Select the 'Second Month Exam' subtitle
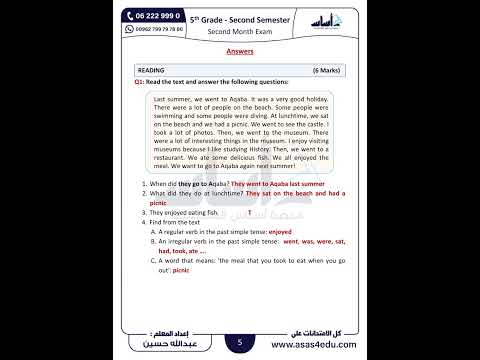[239, 30]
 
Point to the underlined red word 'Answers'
[240, 49]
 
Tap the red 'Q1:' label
[141, 83]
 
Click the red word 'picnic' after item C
[181, 270]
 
